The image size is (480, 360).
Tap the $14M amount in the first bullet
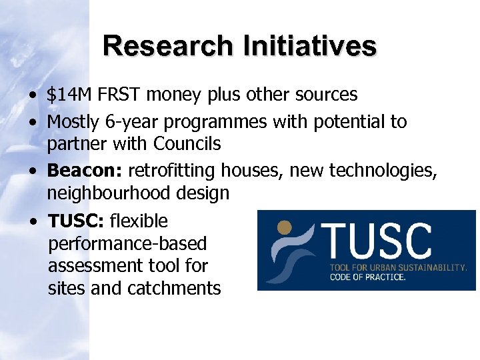tap(70, 95)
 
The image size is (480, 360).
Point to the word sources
tap(329, 95)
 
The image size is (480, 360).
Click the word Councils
tap(187, 143)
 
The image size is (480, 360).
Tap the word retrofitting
tap(167, 171)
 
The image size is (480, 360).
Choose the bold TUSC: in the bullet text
tap(76, 221)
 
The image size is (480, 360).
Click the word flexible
tap(139, 221)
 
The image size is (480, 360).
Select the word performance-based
tap(127, 243)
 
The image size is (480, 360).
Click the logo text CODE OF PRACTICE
tap(367, 277)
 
